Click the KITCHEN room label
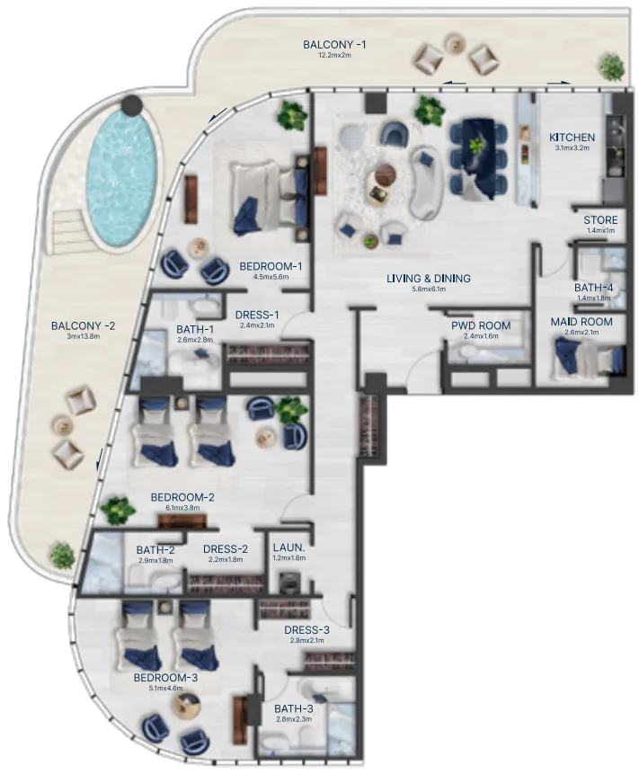click(x=572, y=137)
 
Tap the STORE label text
click(x=600, y=220)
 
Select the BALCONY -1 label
click(x=334, y=44)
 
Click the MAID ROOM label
click(x=581, y=322)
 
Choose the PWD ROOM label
click(x=486, y=325)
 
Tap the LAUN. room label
click(x=288, y=547)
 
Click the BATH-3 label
click(x=293, y=707)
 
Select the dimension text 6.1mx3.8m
click(x=182, y=508)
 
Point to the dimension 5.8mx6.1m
click(x=429, y=289)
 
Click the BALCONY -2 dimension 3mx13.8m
click(x=83, y=336)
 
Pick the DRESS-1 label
click(x=257, y=315)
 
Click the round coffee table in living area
click(x=384, y=177)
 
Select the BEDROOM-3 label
click(x=166, y=678)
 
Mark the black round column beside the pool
click(x=132, y=105)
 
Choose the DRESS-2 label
click(x=226, y=548)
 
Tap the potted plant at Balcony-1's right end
click(x=612, y=66)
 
